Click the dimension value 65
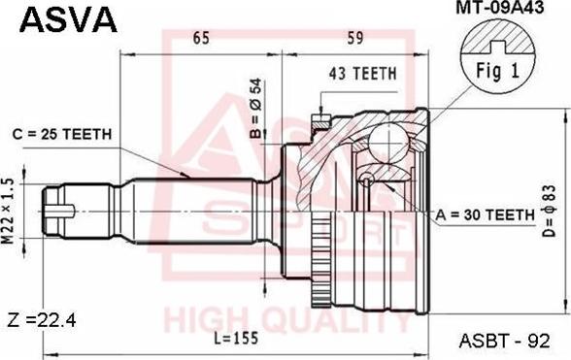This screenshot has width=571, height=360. pyautogui.click(x=201, y=40)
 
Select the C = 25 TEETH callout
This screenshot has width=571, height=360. pyautogui.click(x=64, y=133)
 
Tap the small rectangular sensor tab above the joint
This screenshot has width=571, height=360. pyautogui.click(x=319, y=121)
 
